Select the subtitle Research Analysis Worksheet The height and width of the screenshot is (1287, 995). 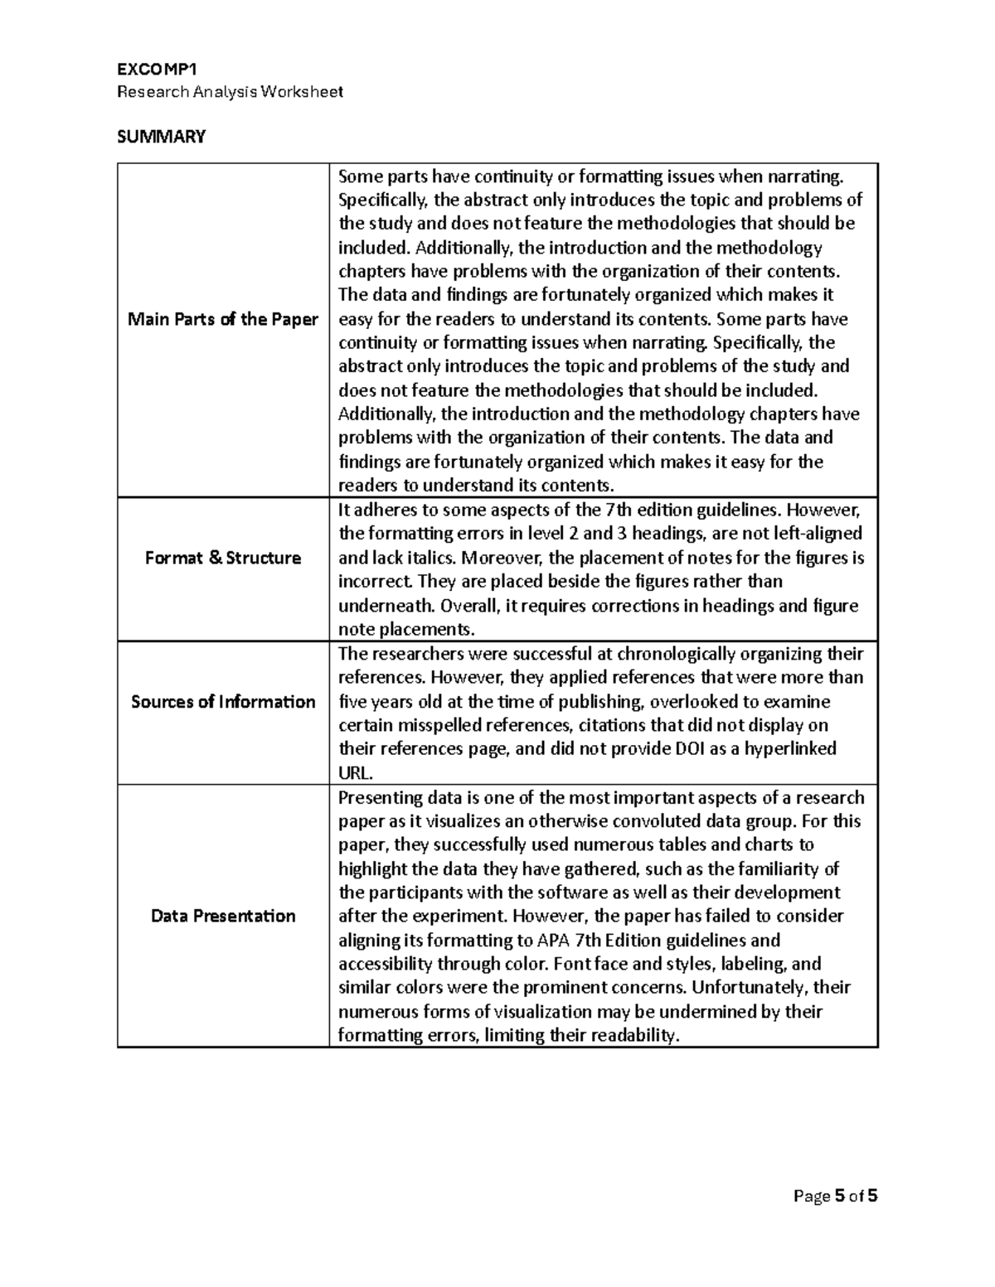point(230,92)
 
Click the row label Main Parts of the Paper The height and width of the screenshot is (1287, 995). point(222,319)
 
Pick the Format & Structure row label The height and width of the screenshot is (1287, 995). point(222,558)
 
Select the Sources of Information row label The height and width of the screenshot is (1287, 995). point(222,702)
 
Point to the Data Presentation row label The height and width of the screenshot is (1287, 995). point(222,916)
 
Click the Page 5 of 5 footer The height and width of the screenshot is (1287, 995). point(835,1196)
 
